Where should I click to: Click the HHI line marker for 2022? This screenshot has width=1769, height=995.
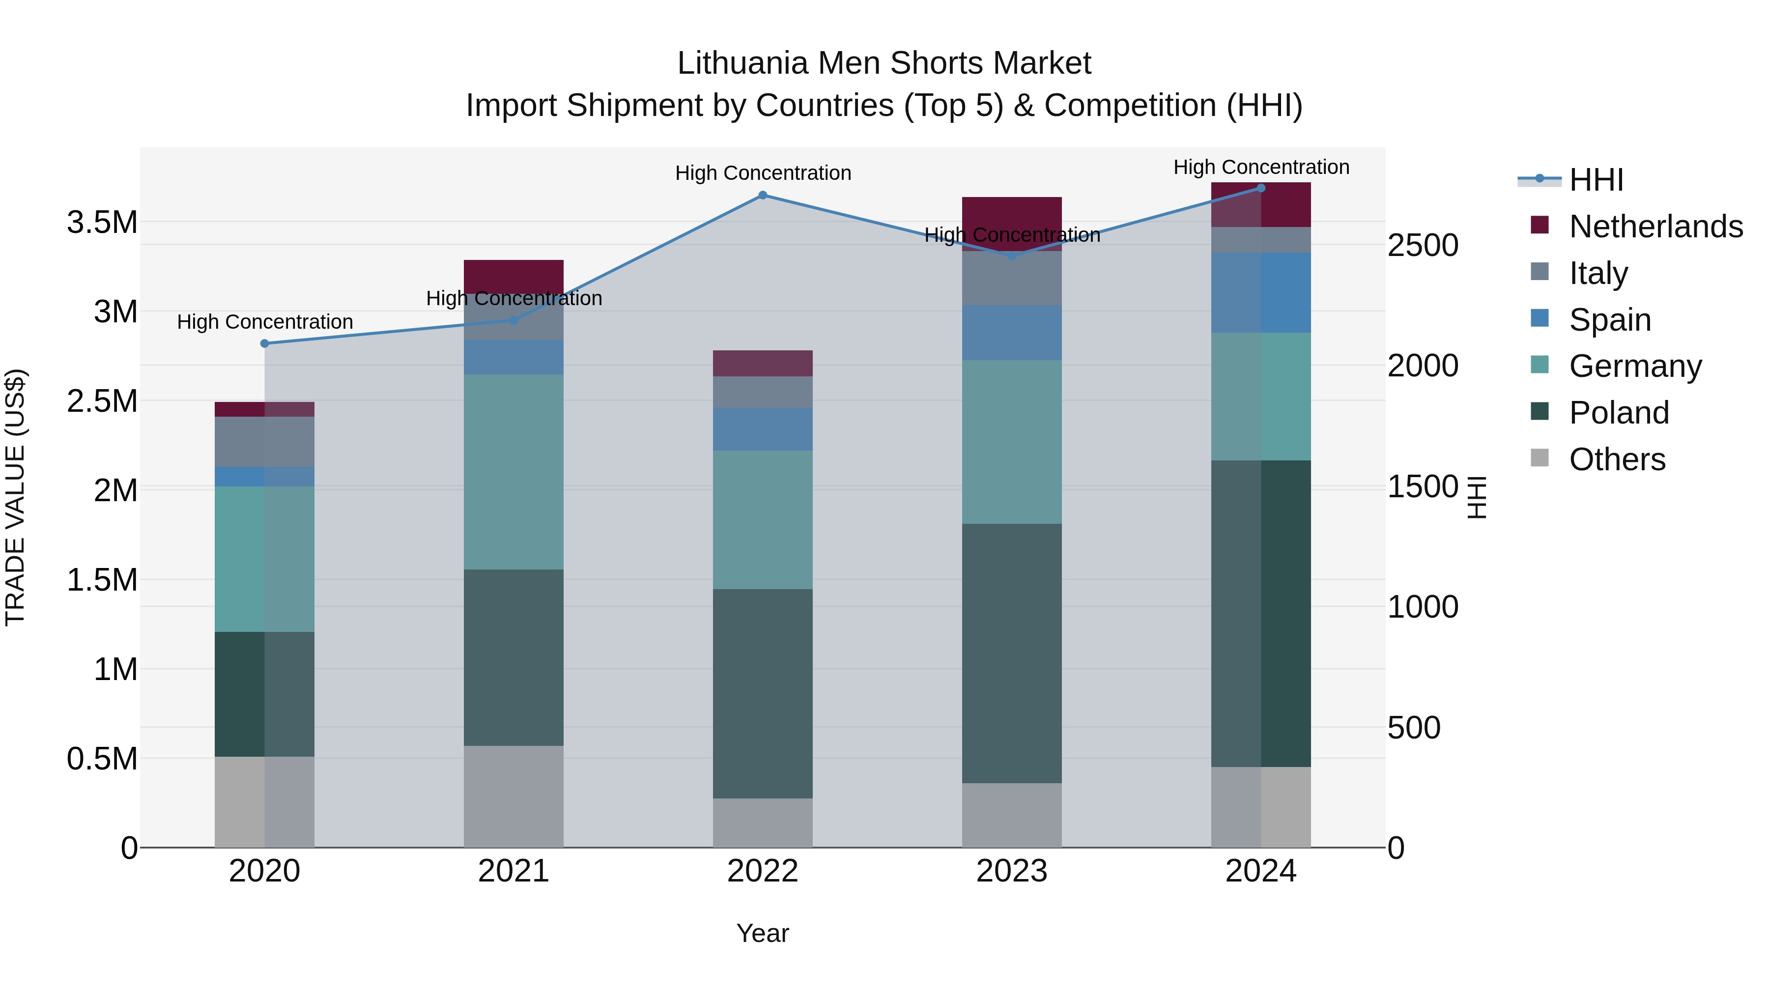[762, 195]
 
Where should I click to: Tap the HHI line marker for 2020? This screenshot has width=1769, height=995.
[264, 343]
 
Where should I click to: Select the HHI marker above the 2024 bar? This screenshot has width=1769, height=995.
[1261, 188]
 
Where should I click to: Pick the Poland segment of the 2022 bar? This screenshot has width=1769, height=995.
[762, 693]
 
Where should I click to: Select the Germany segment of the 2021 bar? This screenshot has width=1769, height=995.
[514, 472]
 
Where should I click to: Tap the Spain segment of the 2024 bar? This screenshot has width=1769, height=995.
[1261, 292]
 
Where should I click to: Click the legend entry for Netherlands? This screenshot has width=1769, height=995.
[1655, 227]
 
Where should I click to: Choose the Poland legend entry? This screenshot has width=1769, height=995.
[1619, 413]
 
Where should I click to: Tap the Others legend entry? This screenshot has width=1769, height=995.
[1617, 459]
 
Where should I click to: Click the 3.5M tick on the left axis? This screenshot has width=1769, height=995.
[102, 223]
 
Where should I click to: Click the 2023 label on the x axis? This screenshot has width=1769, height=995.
[1012, 871]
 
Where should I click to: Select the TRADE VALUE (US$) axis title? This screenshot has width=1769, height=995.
[15, 497]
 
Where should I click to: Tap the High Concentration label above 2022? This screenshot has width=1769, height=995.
[762, 173]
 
